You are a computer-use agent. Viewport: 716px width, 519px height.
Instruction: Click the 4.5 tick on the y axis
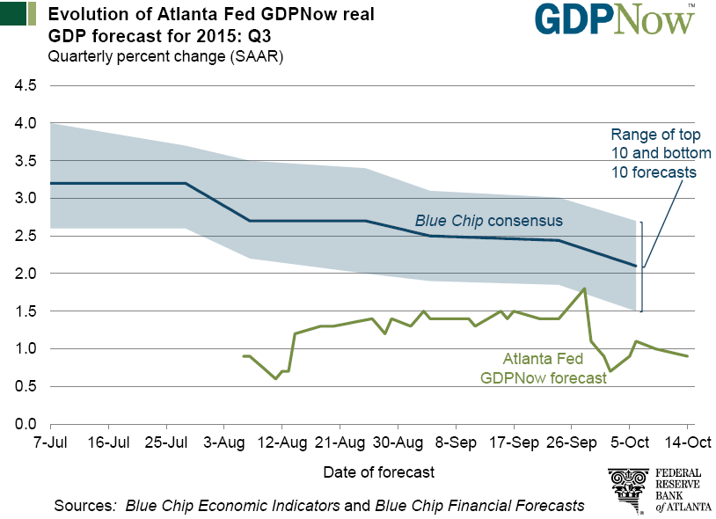click(x=24, y=86)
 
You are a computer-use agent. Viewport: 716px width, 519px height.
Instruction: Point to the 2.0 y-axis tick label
click(x=24, y=274)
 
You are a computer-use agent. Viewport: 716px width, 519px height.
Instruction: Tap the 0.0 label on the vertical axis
click(x=24, y=423)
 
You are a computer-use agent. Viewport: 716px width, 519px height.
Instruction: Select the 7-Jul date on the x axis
click(x=51, y=442)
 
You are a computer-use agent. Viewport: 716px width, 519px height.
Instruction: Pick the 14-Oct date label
click(x=688, y=442)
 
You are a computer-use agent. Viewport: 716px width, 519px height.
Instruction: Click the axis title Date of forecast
click(x=378, y=472)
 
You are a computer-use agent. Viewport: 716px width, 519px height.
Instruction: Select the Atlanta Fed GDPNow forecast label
click(x=543, y=368)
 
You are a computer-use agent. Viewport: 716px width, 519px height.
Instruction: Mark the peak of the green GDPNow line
click(x=585, y=288)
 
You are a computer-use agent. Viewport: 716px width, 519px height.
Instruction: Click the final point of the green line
click(x=687, y=355)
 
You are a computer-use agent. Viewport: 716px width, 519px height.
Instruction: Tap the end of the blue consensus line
click(x=636, y=266)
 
